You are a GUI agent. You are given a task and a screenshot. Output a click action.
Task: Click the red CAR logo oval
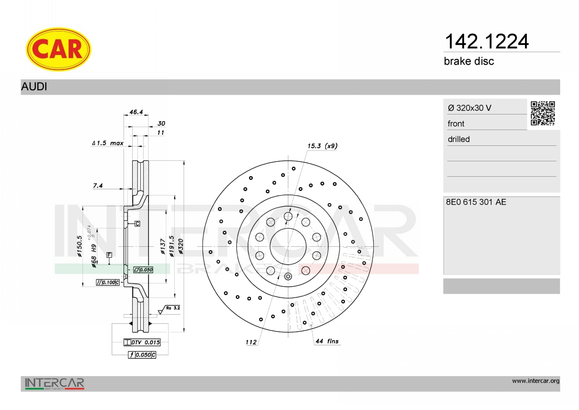(58, 49)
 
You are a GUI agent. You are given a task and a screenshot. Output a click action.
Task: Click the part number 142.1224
(486, 42)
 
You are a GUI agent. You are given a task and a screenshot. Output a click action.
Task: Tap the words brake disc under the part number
(469, 61)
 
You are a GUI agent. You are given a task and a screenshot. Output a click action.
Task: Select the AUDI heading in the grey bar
(34, 86)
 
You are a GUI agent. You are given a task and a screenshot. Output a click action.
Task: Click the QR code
(543, 113)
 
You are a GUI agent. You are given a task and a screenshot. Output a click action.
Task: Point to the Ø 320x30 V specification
(469, 108)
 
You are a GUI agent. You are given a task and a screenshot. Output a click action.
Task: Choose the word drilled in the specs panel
(459, 139)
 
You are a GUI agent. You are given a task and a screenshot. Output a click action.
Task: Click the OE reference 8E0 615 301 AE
(476, 202)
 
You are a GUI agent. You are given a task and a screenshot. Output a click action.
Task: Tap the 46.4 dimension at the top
(136, 112)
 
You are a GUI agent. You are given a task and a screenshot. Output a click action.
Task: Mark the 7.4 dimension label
(97, 185)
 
